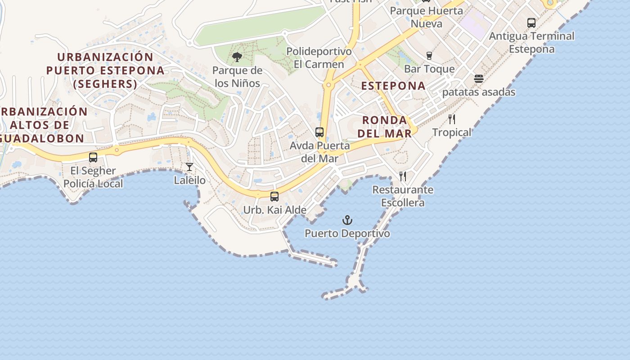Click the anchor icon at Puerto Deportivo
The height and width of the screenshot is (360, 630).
[347, 220]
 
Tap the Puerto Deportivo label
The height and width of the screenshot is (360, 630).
[347, 234]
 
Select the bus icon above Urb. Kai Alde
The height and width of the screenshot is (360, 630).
[274, 197]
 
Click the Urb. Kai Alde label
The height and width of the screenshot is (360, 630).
[274, 210]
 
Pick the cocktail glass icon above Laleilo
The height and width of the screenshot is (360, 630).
[189, 167]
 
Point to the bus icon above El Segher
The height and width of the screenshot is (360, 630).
[93, 157]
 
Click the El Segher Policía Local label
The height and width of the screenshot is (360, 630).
[93, 177]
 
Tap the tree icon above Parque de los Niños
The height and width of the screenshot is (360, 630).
[237, 57]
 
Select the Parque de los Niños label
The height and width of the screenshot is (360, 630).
[237, 77]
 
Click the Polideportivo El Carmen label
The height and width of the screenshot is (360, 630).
[319, 58]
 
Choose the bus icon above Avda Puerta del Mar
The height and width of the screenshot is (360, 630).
[319, 132]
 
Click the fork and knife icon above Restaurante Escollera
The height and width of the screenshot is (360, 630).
[403, 176]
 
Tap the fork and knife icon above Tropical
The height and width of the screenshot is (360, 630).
[452, 119]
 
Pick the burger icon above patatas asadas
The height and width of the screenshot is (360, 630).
[479, 79]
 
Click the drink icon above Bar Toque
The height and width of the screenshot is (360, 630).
[429, 56]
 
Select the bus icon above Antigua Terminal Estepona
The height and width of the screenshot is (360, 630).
[531, 22]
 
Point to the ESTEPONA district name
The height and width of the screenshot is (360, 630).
[393, 86]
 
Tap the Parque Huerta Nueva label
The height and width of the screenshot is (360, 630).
[426, 17]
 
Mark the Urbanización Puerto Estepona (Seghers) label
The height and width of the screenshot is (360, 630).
[105, 70]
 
